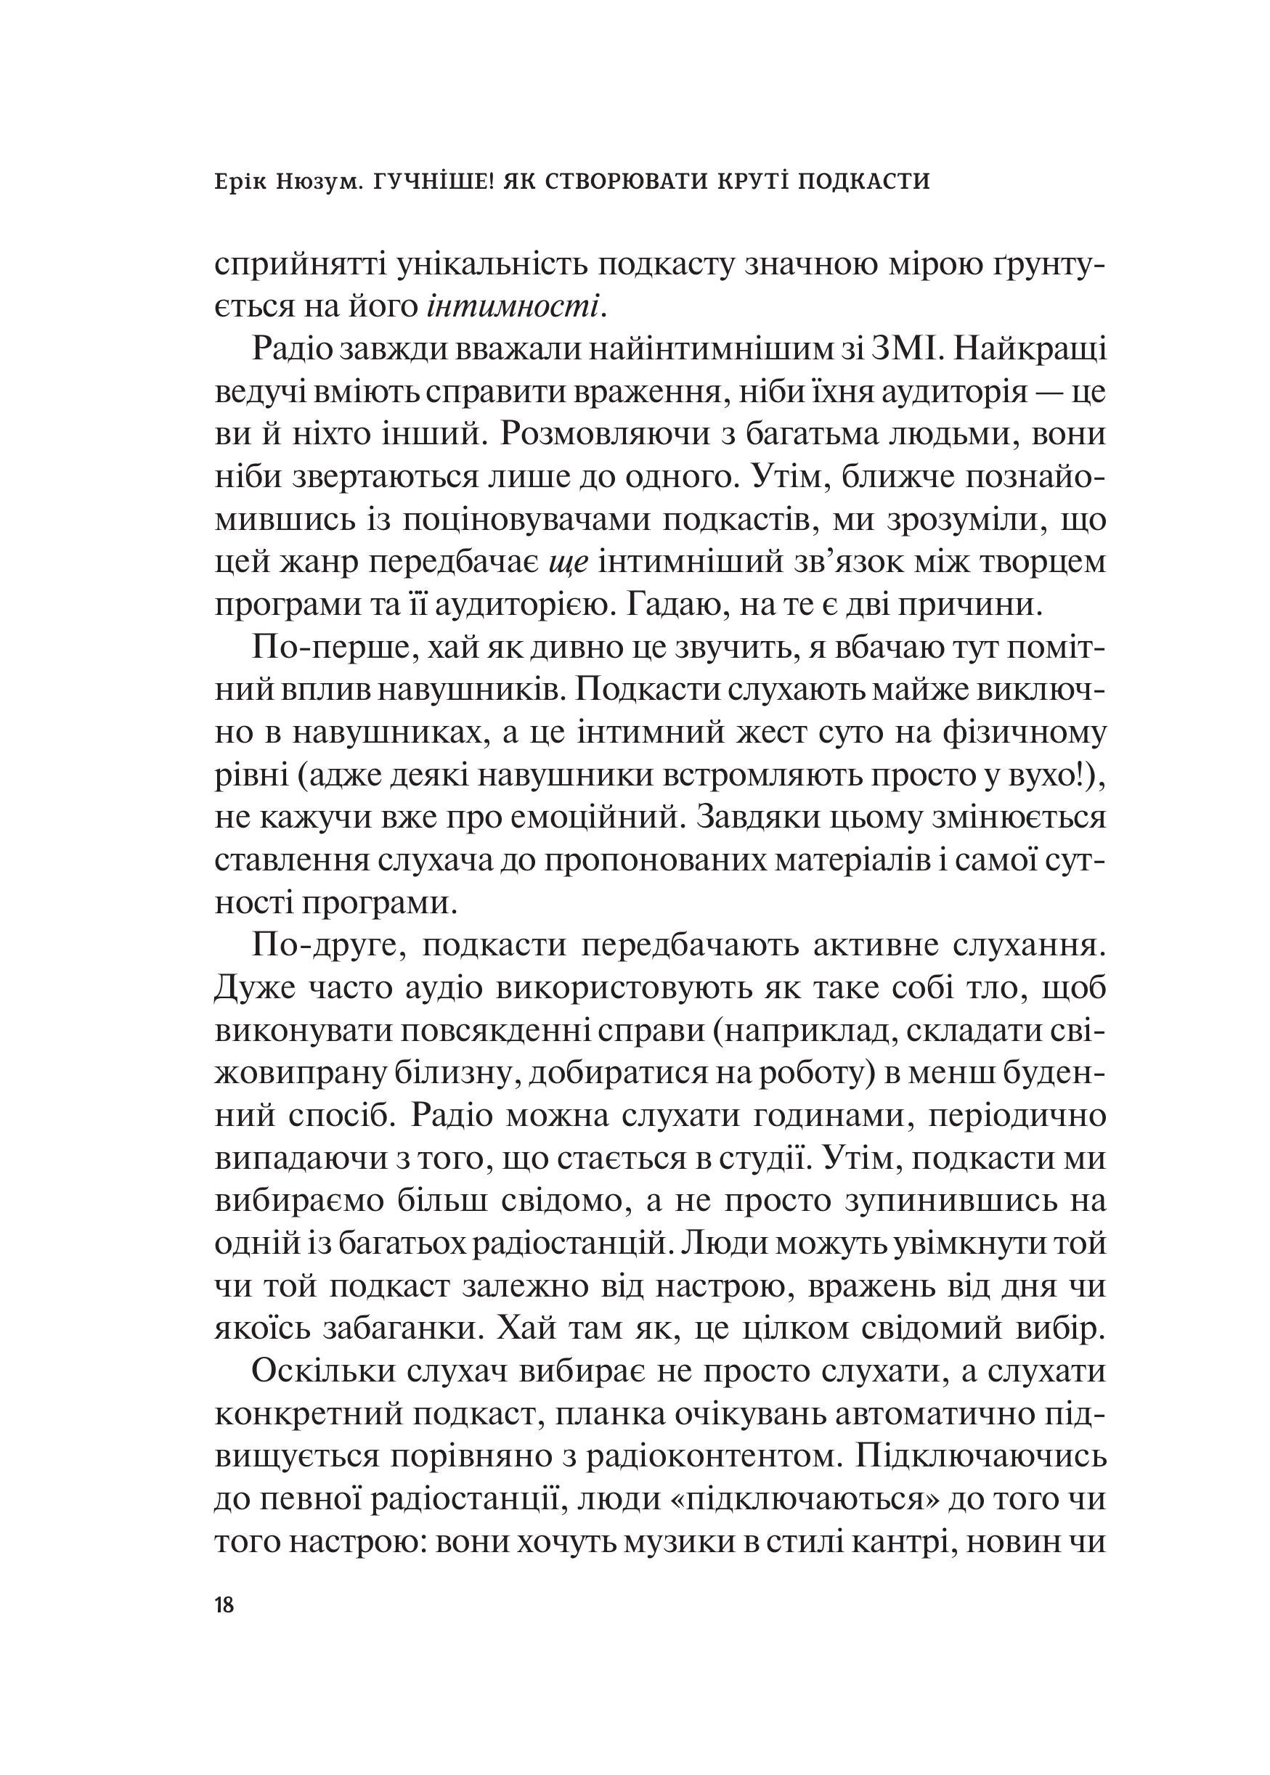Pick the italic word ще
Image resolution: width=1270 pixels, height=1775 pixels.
[x=568, y=562]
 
